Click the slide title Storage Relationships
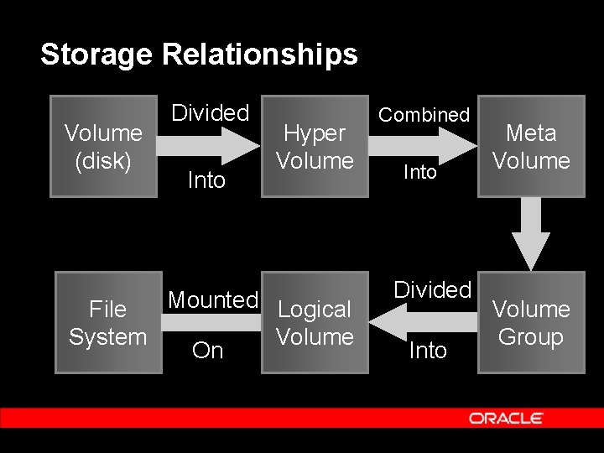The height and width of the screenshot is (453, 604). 199,55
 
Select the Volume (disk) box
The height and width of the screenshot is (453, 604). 103,147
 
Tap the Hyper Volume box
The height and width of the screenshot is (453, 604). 315,147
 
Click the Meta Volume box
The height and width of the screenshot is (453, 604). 531,147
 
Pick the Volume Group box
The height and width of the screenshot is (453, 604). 531,323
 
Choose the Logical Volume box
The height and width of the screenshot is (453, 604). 315,323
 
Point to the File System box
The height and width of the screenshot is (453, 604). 108,323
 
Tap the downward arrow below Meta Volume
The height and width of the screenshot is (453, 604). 531,235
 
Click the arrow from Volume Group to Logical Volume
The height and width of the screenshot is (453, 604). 423,321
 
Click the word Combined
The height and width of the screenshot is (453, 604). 424,115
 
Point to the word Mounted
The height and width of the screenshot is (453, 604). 213,299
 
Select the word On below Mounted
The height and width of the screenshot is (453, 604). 208,351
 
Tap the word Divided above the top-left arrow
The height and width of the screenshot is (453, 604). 211,112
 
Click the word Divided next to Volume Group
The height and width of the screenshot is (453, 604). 433,289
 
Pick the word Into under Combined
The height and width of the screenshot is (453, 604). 420,173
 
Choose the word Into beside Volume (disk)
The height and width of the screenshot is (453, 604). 206,180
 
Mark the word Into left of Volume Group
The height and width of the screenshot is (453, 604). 428,351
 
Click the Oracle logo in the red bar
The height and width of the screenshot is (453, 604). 506,418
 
